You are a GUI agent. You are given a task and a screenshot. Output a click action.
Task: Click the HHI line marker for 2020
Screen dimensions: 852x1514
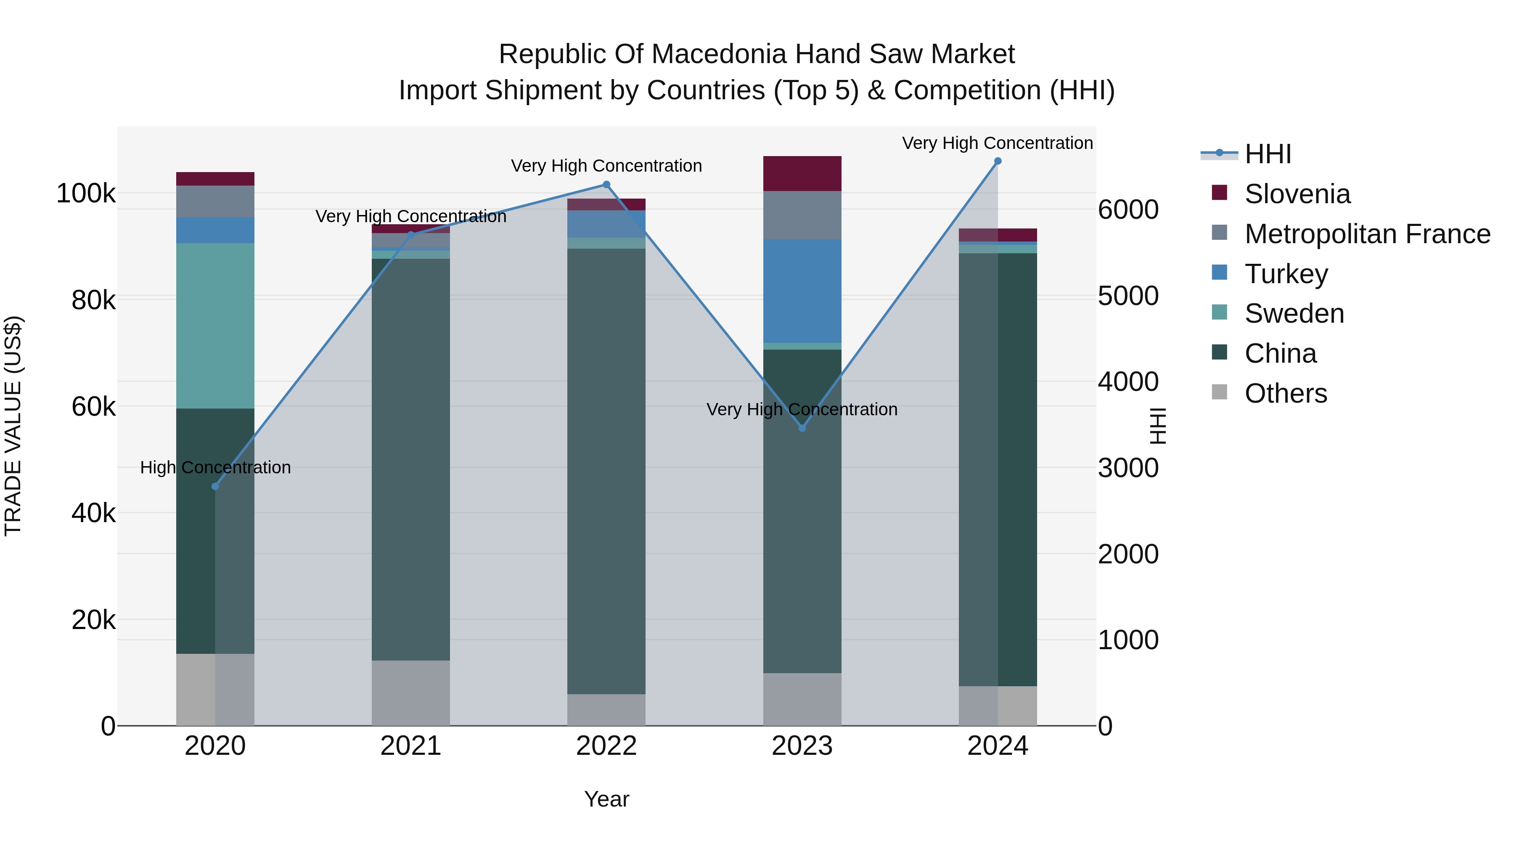coord(215,486)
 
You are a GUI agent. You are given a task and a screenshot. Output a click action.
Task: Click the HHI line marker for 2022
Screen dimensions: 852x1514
coord(606,185)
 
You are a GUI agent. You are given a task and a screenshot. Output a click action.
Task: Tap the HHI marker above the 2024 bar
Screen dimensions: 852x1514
coord(998,161)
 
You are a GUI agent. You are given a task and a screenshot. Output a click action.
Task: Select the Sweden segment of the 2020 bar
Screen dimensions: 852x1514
coord(215,325)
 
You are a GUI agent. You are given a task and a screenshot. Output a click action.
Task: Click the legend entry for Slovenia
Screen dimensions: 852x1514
coord(1297,194)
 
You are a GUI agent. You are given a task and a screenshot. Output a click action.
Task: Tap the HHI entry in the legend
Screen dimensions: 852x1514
coord(1268,154)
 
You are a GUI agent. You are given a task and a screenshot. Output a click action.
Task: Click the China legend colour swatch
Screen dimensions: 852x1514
coord(1220,352)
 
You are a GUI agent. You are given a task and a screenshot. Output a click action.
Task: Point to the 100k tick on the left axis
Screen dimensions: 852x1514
coord(86,194)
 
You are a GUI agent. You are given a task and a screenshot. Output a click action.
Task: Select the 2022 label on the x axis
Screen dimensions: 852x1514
coord(606,746)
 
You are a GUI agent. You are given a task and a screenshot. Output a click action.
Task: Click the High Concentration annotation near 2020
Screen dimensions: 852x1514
coord(215,467)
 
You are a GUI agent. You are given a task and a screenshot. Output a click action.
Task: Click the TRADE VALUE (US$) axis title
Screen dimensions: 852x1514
coord(13,426)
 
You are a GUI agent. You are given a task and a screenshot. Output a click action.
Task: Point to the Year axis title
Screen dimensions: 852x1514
coord(606,799)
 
